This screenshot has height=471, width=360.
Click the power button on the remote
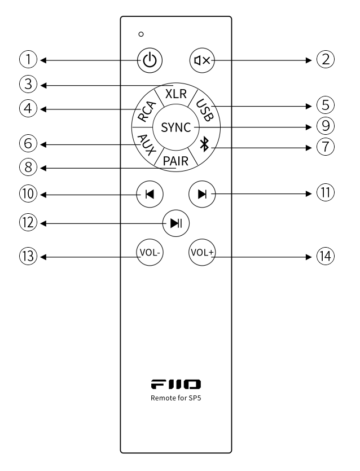click(150, 59)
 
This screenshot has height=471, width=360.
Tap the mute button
click(201, 59)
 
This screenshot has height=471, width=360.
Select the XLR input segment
click(175, 94)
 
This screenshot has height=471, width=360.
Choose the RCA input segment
click(146, 109)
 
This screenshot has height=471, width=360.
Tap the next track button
click(201, 193)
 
